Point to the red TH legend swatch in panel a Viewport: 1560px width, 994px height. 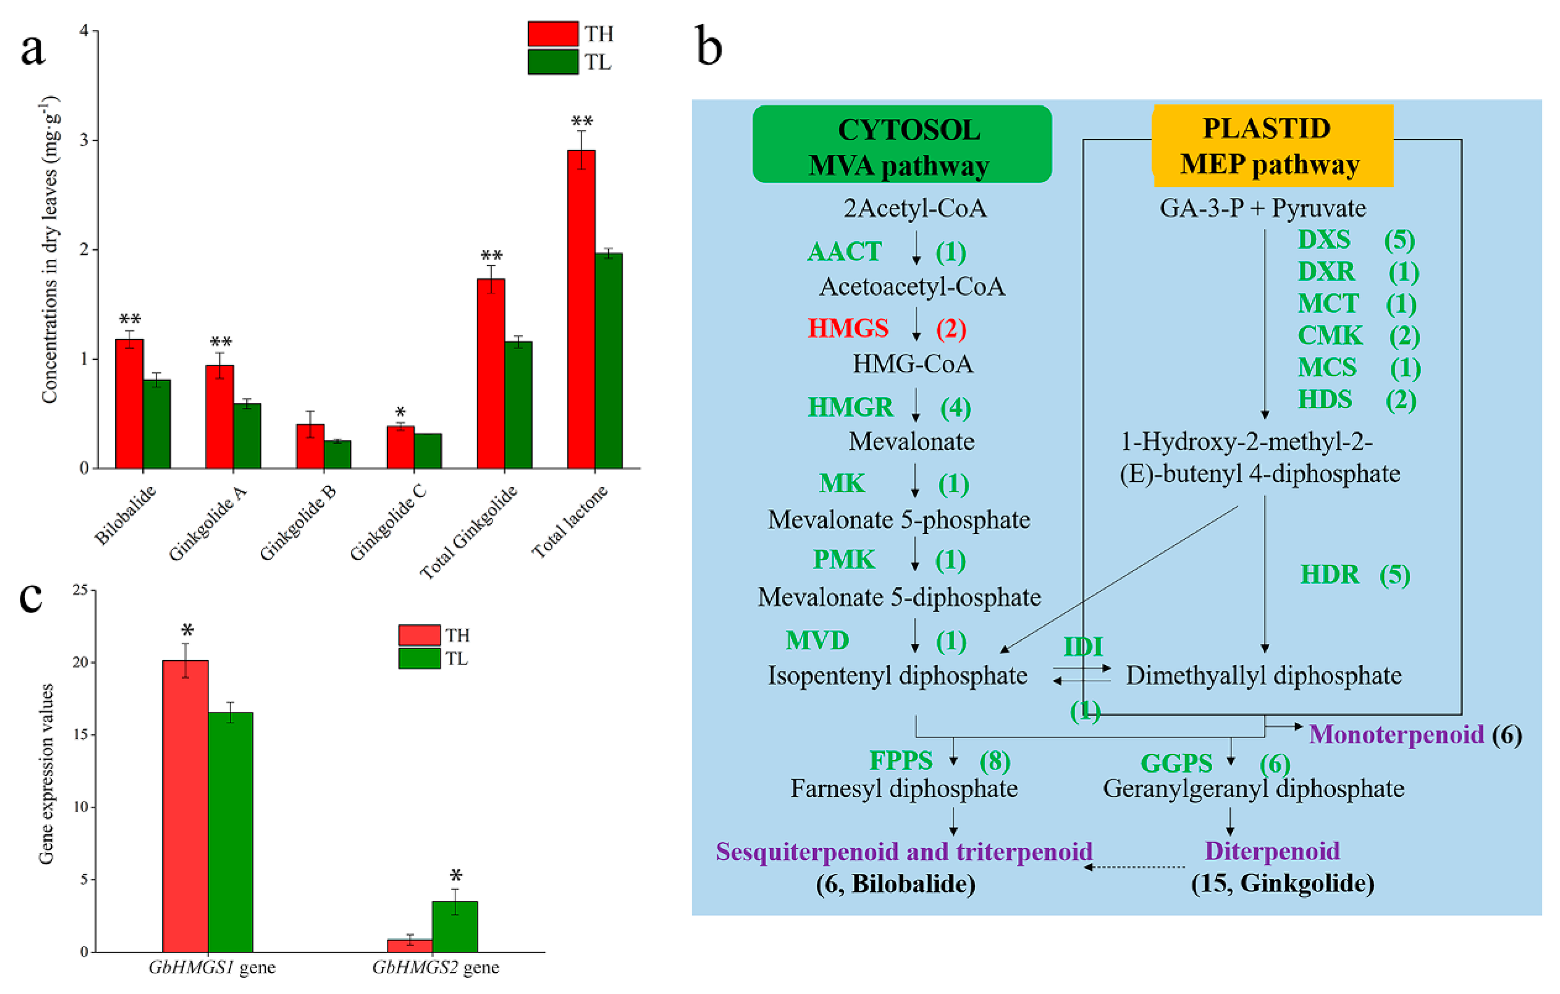[x=553, y=34]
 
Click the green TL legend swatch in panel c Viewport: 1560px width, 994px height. [x=419, y=659]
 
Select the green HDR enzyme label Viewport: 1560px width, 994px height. [x=1330, y=575]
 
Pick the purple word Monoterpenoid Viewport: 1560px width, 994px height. [x=1396, y=734]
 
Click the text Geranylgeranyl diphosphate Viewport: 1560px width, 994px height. [x=1253, y=789]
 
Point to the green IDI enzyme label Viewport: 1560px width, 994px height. [x=1083, y=647]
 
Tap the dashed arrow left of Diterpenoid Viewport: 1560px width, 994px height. [x=1135, y=867]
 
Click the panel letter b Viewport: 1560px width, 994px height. [x=709, y=47]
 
